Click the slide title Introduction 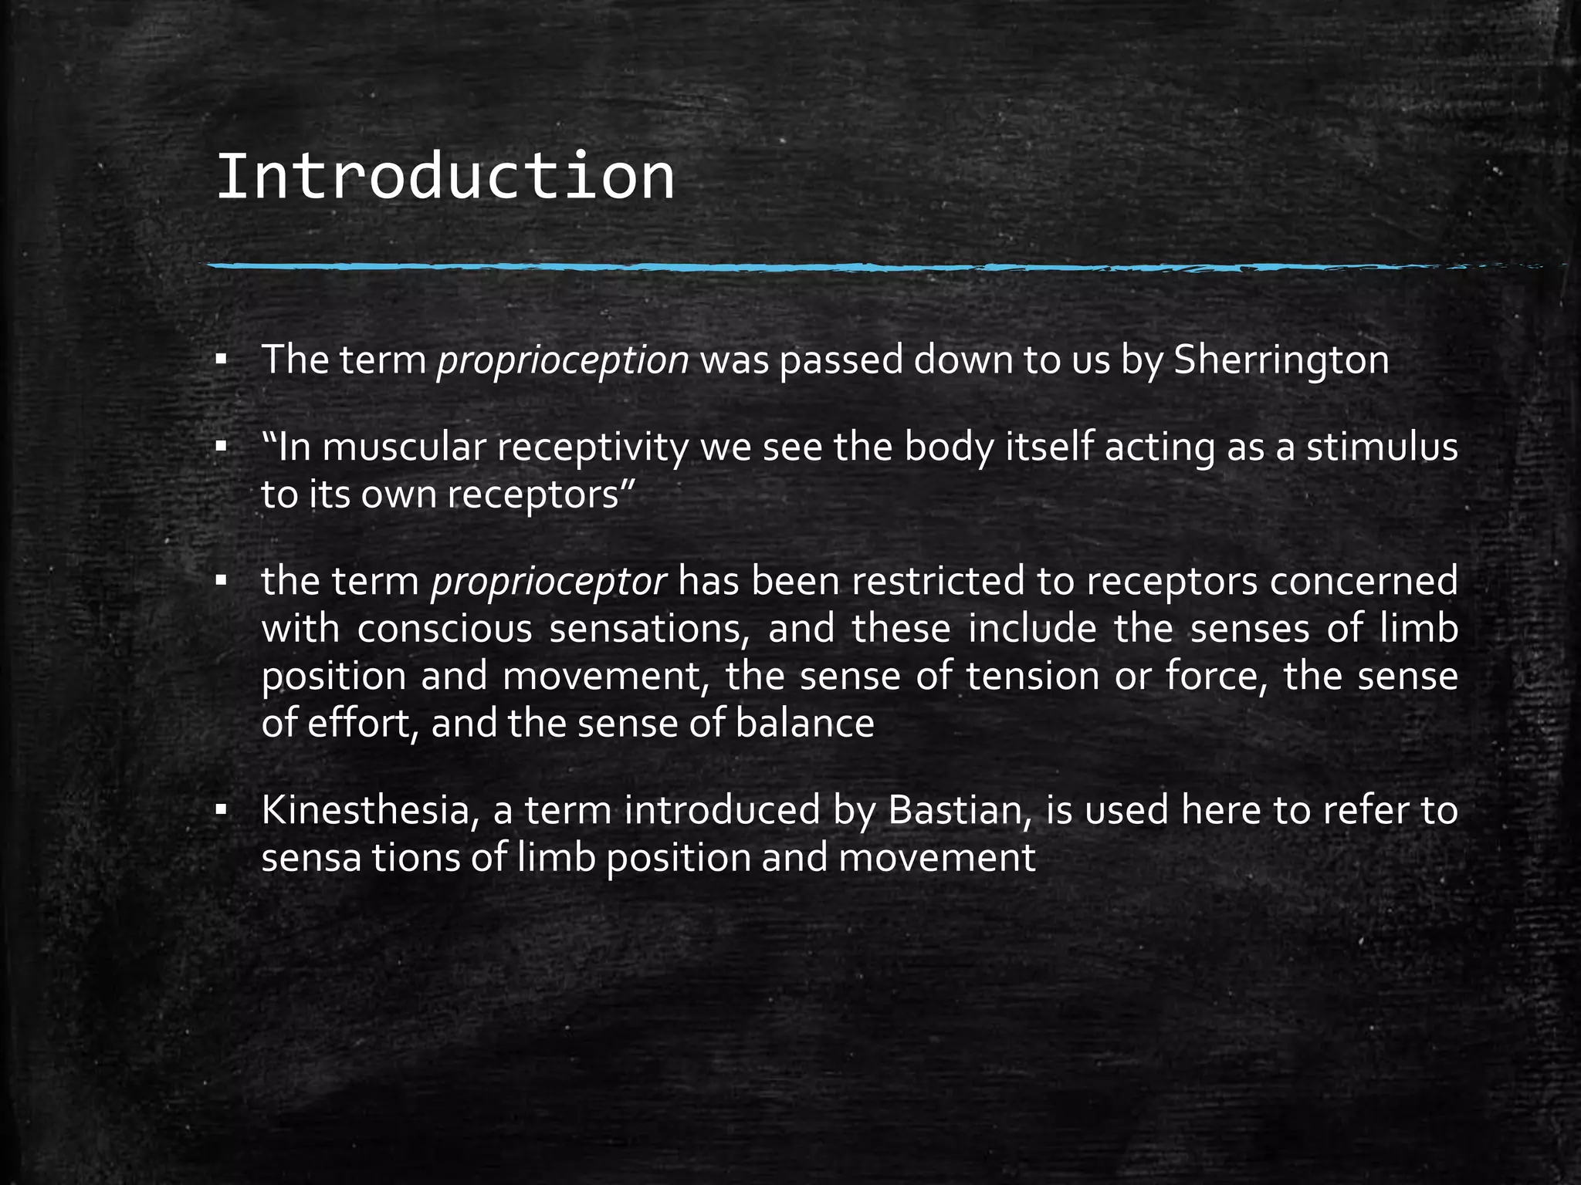tap(445, 177)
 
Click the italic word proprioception tap(563, 361)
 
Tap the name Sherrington tap(1281, 361)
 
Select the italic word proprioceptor tap(549, 582)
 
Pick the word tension tap(1033, 677)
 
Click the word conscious tap(445, 629)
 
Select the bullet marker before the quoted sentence tap(222, 447)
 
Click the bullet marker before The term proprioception tap(222, 360)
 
